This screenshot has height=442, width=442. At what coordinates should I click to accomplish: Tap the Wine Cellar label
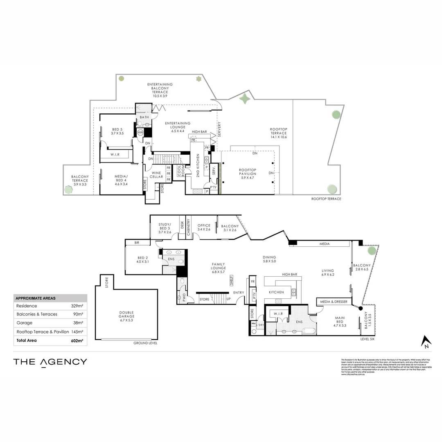coord(156,175)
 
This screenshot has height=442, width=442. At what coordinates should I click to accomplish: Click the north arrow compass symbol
coord(427,341)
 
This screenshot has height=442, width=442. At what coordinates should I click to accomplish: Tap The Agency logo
coord(50,362)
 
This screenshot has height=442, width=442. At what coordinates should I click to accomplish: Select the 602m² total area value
coord(77,341)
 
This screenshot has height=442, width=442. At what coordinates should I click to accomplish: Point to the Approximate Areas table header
coord(35,298)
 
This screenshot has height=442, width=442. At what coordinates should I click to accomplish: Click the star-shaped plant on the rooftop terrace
coord(245,99)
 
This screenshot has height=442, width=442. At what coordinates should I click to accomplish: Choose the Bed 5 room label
coord(118,131)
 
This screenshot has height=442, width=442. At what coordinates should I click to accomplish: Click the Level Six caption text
coord(367,339)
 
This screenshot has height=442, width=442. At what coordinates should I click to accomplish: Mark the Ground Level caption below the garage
coord(145,343)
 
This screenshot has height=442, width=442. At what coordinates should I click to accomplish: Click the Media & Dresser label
coord(334,302)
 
